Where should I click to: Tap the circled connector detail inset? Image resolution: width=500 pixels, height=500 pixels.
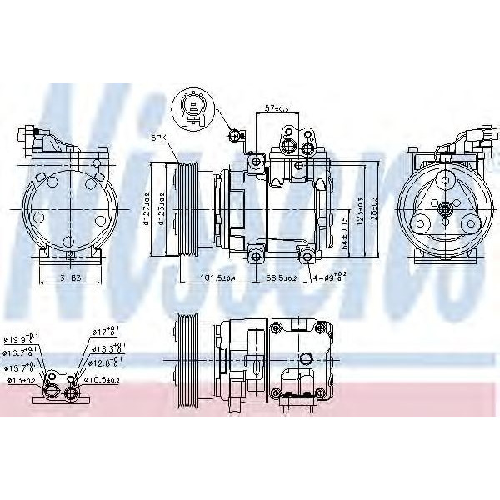[190, 108]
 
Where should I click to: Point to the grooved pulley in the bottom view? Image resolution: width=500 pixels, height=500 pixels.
[186, 362]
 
